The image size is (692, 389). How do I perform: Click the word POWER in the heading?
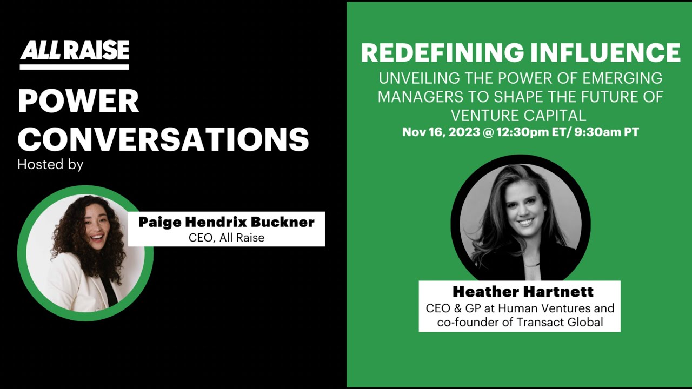(x=78, y=101)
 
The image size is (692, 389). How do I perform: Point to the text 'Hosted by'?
(x=50, y=164)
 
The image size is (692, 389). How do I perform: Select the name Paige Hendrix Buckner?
(x=227, y=222)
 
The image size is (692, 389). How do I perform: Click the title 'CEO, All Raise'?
(x=227, y=238)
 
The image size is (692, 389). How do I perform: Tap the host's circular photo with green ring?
(x=85, y=253)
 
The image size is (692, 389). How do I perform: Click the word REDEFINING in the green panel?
(x=442, y=53)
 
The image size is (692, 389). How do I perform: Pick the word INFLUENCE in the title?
(x=604, y=53)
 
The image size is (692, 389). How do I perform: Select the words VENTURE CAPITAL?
(x=518, y=115)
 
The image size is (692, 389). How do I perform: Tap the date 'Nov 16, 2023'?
(x=441, y=132)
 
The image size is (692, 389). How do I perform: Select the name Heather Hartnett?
(x=523, y=292)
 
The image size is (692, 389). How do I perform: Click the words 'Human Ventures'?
(x=548, y=308)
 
